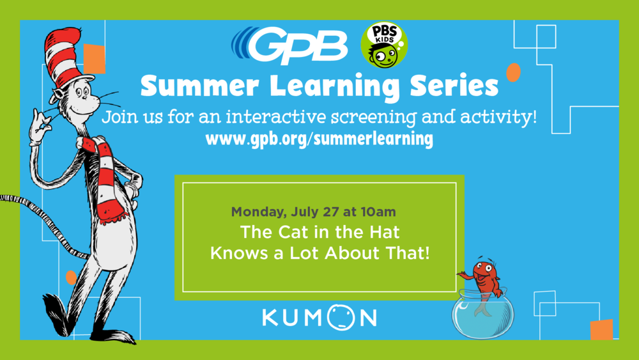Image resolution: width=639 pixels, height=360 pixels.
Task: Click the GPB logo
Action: point(289,45)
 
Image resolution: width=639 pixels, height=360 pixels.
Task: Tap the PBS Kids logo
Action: point(384,45)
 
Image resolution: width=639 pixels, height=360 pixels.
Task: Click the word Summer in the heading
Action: point(199,86)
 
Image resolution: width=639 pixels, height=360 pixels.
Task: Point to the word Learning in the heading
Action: point(335,88)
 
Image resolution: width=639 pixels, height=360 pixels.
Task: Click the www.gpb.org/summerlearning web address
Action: point(319,139)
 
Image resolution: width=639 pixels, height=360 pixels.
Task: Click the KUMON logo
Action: point(319,317)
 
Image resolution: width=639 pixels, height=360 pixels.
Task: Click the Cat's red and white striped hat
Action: point(65,57)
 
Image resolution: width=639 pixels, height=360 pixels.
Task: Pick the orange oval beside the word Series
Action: point(514,72)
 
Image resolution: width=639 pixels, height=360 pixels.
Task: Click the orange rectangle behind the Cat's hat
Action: point(95,59)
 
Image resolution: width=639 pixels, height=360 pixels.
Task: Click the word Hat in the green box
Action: point(384,232)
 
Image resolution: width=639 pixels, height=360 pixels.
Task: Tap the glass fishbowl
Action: point(483,314)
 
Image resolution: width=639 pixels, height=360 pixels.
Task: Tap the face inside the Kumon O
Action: point(341,317)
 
